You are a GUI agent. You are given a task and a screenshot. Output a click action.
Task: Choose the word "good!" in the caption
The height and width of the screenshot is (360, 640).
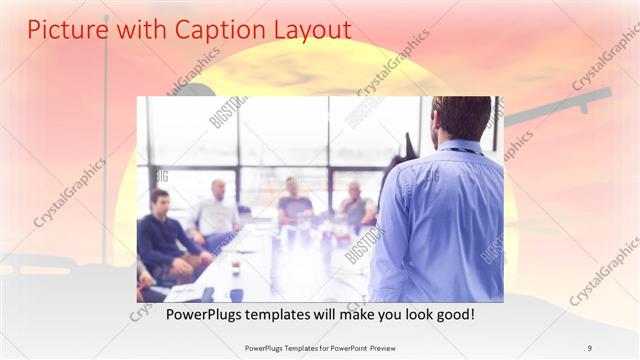pos(454,315)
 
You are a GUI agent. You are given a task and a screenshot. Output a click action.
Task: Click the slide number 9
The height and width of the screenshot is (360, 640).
pos(590,347)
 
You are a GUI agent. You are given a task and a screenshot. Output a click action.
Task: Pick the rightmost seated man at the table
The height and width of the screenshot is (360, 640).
pos(355,206)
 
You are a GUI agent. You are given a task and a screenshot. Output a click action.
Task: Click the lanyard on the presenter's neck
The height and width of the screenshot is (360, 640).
pos(462,151)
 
